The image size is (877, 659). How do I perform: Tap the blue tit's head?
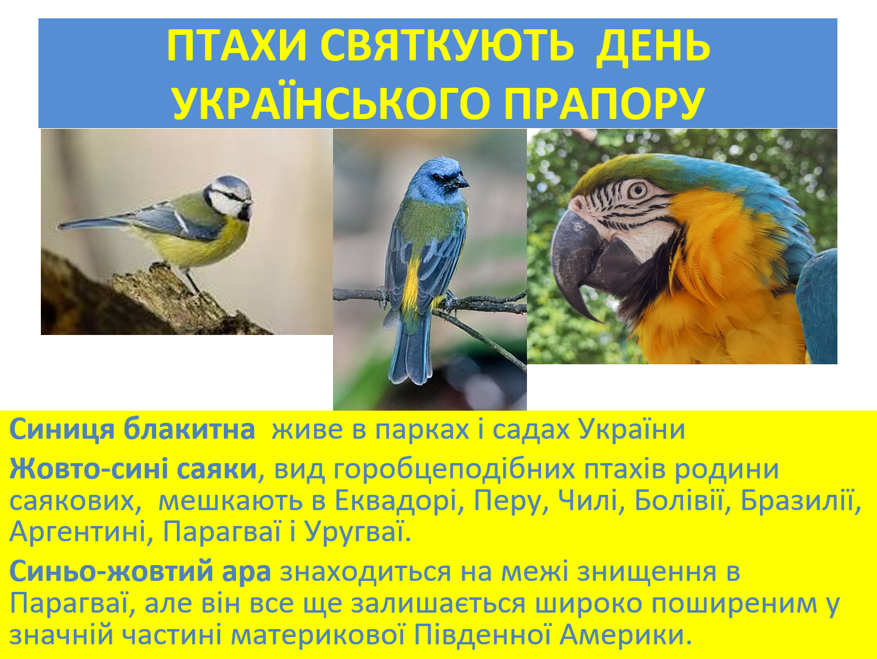click(230, 196)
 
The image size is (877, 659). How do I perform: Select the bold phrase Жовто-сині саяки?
click(133, 469)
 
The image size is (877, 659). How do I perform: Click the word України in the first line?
click(632, 430)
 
